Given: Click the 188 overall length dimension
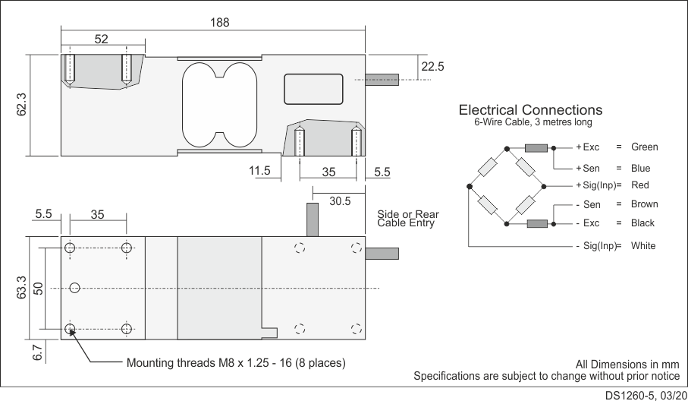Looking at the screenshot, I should coord(219,23).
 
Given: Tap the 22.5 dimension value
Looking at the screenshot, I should coord(432,67).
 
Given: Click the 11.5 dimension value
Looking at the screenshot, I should coord(259,172).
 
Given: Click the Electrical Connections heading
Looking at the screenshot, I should coord(530,110).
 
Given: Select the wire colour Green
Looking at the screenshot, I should coord(644,147).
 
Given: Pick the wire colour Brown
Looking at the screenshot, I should coord(644,204).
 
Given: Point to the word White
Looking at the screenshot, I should coord(643,246).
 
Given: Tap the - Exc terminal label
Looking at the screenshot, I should coord(587,223).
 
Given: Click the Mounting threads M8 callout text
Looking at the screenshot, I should coord(236,363).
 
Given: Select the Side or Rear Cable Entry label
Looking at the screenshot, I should coord(408,219).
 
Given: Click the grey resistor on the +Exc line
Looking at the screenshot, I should coord(536,148).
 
